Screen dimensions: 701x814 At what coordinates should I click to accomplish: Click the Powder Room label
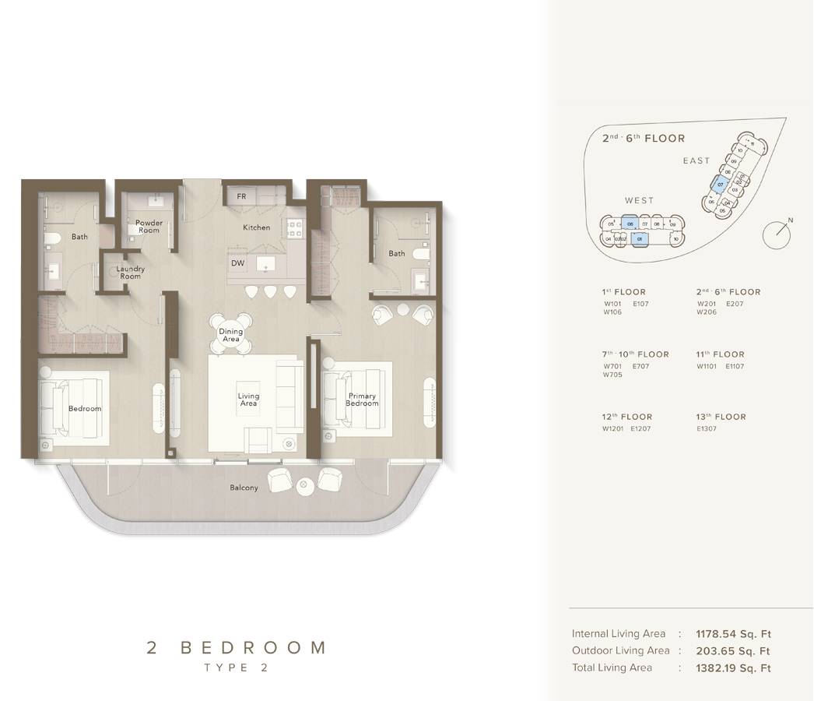pos(149,227)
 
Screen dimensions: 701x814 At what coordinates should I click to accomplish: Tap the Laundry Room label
pos(131,273)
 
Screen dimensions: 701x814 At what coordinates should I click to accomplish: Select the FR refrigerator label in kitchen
pos(241,196)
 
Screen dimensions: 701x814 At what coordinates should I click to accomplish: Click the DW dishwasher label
pos(238,263)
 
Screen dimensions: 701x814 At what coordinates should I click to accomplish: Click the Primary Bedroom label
pos(362,400)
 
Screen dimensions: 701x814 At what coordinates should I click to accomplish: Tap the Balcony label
pos(244,488)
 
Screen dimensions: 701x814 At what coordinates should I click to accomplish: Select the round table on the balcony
pos(304,485)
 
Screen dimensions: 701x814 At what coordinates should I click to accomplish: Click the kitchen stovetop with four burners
pos(294,227)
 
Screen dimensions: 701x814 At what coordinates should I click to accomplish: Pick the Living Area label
pos(248,400)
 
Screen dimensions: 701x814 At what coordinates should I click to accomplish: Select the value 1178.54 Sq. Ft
pos(733,634)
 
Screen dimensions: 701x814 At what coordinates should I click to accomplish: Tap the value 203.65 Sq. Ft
pos(733,651)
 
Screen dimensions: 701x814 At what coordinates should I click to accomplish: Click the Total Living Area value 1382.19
pos(733,668)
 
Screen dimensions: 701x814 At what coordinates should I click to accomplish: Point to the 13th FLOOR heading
pos(721,417)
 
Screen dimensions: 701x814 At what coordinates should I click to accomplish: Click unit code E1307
pos(707,429)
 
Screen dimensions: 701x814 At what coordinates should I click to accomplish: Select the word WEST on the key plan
pos(639,200)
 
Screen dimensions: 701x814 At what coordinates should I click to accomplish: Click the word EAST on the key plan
pos(696,160)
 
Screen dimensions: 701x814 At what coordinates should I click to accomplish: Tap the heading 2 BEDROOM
pos(236,647)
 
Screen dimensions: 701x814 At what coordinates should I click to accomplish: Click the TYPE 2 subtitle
pos(236,668)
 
